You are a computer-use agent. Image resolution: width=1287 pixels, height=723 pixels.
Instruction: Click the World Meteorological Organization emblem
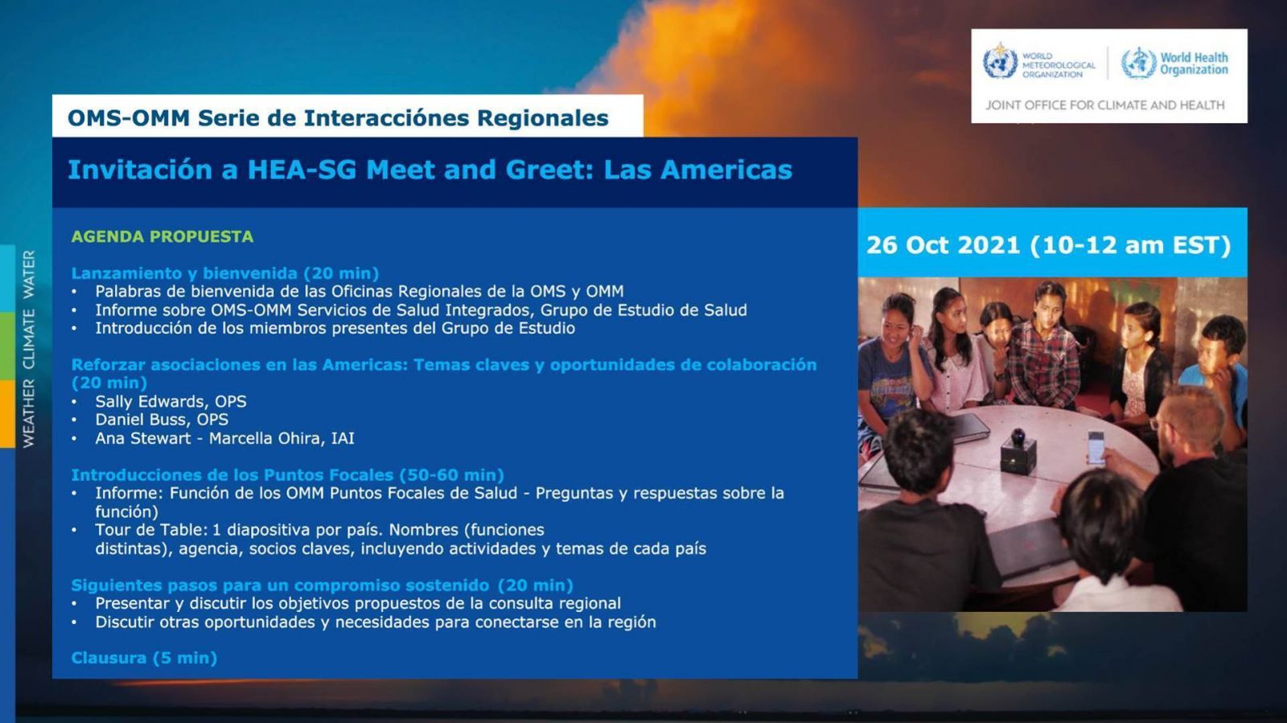(x=1000, y=61)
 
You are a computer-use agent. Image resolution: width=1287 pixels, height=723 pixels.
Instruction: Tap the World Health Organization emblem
(x=1139, y=63)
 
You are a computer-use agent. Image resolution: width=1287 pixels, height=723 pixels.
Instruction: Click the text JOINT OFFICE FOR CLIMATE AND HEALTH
(x=1105, y=105)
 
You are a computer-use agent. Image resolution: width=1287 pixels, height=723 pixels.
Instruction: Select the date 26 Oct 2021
(x=943, y=245)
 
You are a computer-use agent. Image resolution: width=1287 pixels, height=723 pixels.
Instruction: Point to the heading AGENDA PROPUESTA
(x=162, y=236)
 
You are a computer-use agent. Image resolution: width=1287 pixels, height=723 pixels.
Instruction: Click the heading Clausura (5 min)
(x=144, y=658)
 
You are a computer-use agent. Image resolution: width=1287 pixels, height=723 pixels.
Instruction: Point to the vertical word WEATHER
(x=29, y=413)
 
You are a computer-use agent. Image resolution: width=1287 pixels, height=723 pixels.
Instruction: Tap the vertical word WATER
(x=29, y=274)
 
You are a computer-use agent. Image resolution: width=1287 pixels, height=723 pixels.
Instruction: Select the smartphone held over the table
(x=1095, y=447)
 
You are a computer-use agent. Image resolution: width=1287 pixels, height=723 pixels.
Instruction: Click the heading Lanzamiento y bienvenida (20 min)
(x=225, y=273)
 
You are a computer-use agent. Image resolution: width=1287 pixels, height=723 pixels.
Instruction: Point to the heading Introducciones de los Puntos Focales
(x=232, y=475)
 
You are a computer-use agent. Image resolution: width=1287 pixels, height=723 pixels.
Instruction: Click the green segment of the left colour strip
(x=7, y=347)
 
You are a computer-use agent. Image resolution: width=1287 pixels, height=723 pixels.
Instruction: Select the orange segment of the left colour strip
(x=7, y=414)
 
